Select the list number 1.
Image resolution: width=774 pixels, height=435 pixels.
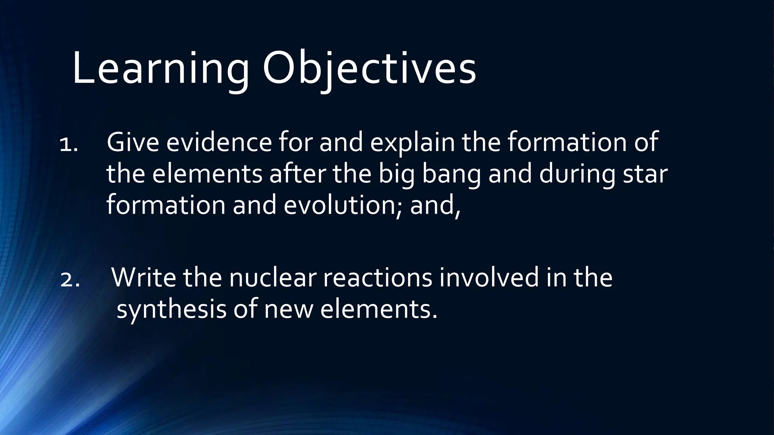click(68, 145)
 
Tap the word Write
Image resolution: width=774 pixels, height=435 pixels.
click(144, 278)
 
